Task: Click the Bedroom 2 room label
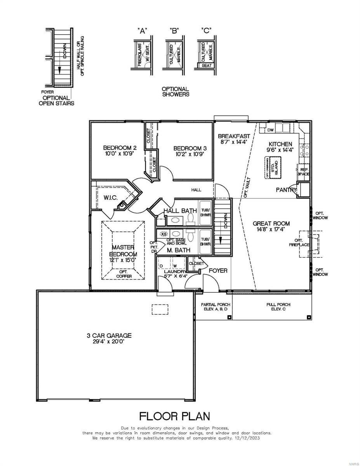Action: (x=120, y=148)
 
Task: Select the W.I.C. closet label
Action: (x=110, y=198)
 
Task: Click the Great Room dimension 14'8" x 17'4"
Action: (x=271, y=230)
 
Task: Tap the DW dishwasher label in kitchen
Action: (x=271, y=130)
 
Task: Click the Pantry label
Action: (x=286, y=190)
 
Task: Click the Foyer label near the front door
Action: (x=218, y=270)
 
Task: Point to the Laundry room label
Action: (x=175, y=271)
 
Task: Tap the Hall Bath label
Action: (x=180, y=210)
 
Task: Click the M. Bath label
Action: (x=178, y=250)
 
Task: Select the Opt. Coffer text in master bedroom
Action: (x=124, y=274)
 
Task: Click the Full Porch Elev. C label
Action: (x=278, y=307)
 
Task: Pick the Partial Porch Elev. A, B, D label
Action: (x=216, y=307)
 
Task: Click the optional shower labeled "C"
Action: (x=207, y=54)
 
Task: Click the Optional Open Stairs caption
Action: (x=56, y=101)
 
